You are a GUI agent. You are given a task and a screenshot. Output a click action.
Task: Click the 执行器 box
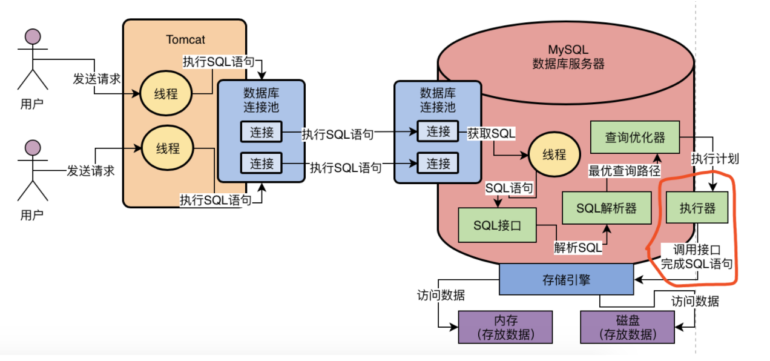click(697, 209)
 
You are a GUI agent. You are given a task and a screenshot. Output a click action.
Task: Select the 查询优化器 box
click(635, 137)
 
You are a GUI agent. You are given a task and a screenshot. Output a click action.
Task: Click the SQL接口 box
click(497, 225)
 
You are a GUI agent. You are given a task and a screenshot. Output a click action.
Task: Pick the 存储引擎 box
click(566, 280)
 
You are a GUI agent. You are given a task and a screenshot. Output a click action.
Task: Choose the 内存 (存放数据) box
click(505, 327)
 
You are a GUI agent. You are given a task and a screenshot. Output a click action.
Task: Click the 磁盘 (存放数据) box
click(627, 327)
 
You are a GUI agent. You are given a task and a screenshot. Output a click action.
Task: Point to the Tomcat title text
click(185, 40)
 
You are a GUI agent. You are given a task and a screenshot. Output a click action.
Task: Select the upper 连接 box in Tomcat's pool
click(262, 132)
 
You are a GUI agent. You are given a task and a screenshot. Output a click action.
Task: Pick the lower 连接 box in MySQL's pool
click(438, 163)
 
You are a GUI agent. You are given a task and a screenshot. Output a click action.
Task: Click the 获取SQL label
click(491, 133)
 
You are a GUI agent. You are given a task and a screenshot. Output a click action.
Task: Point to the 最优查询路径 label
click(624, 171)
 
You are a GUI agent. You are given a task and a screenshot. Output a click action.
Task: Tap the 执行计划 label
click(715, 159)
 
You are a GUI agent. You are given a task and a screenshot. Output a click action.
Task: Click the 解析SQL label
click(578, 247)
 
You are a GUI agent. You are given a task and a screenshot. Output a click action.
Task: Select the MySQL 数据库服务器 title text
click(568, 57)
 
